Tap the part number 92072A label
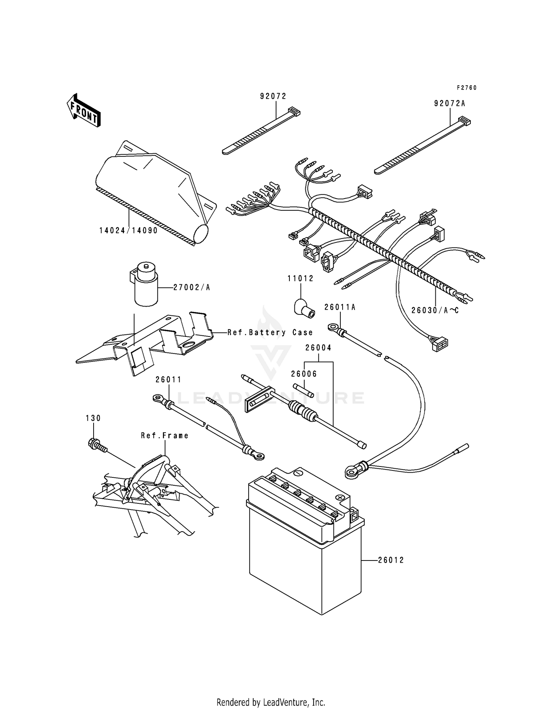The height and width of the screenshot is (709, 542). tap(449, 104)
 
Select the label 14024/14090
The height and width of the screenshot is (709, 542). tap(129, 231)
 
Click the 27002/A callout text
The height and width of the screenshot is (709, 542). tap(192, 288)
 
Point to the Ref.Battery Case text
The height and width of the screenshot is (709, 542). tap(270, 332)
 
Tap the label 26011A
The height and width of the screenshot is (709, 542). tap(340, 307)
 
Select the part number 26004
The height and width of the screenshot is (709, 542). tap(318, 348)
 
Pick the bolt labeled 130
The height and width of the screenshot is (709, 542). tap(96, 445)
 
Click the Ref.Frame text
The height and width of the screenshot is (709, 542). tap(165, 436)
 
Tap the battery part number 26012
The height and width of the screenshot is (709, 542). tap(391, 560)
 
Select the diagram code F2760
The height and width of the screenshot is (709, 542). tap(466, 88)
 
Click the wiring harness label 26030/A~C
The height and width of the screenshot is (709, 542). tap(435, 310)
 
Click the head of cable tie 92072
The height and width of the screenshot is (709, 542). tap(294, 112)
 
